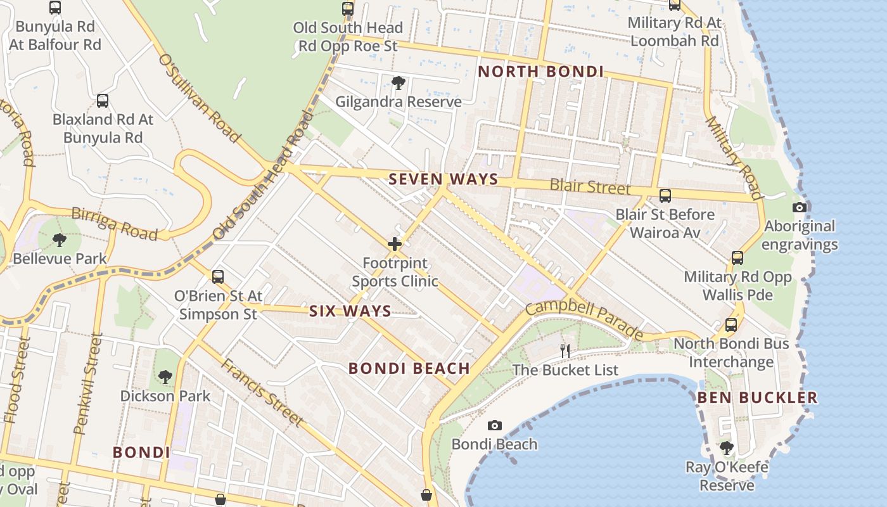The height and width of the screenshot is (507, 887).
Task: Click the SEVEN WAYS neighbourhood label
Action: coord(443,179)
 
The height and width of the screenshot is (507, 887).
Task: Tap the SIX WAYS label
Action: coord(350,311)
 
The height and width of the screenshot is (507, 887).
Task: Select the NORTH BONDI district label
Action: coord(540,72)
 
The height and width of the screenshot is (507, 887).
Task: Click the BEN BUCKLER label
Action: coord(757,398)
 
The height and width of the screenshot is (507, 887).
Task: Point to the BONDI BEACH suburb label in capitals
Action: coord(409,368)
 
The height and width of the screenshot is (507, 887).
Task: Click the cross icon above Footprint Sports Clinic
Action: coord(395,244)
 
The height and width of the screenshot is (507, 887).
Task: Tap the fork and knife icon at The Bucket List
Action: coord(565,350)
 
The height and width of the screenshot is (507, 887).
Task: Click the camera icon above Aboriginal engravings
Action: coord(800,207)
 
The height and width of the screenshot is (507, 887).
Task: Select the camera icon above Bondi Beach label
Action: coord(495,425)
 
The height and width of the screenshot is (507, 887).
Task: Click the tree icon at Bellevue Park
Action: coord(59,240)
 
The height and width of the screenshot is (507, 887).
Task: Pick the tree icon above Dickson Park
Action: coord(165,377)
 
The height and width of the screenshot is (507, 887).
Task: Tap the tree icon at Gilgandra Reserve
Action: coord(398,82)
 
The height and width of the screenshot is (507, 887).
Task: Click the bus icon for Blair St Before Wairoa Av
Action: coord(665,196)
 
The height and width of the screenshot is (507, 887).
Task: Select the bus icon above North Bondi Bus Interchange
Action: coord(731,325)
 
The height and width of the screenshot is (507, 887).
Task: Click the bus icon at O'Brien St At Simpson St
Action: coord(218,277)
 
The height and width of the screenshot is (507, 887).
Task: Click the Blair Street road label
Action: coord(590,186)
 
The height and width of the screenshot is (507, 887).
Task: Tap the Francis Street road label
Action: coord(261,391)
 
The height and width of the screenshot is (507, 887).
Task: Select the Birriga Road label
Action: coord(114,222)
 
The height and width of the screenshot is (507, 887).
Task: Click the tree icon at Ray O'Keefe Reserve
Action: coord(727,448)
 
